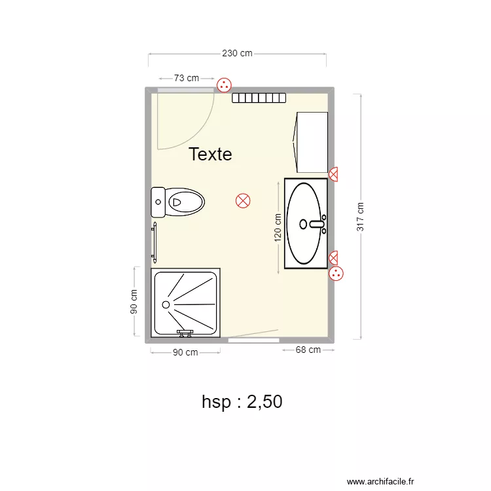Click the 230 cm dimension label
pos(237,54)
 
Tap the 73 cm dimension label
pos(187,78)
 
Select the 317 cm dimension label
pos(360,216)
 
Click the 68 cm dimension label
pos(308,350)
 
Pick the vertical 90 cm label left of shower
pos(134,301)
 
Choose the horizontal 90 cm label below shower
pos(185,352)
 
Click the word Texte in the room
pos(210,155)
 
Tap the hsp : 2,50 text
pos(242,401)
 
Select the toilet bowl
pos(186,202)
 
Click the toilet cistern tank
pos(158,202)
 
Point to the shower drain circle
pos(166,304)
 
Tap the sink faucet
pos(317,224)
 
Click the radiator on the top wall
pos(259,98)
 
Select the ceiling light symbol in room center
pos(243,201)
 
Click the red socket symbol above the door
pos(224,84)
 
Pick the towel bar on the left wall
pos(155,242)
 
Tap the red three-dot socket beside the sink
pos(336,274)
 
